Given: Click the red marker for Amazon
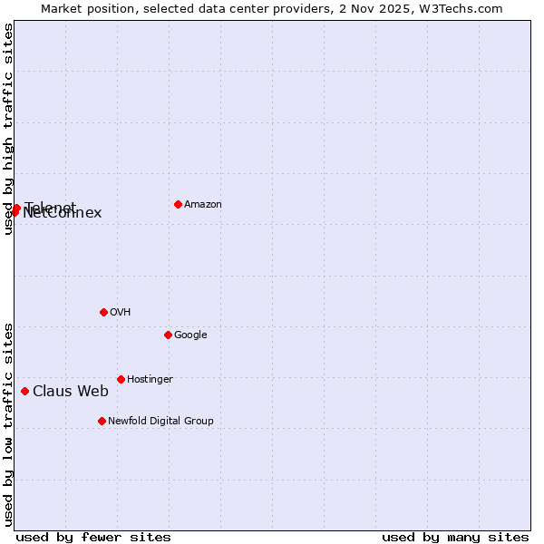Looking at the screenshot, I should coord(178,204).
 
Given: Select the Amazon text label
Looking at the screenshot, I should coord(203,205).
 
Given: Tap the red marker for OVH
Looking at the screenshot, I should coord(103,312).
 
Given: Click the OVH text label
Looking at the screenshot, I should coord(121,313).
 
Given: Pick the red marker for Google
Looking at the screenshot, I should coord(168,335).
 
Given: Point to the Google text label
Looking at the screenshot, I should coord(190,335).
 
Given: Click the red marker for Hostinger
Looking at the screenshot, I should coord(121,379).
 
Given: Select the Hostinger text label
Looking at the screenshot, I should coord(150,380).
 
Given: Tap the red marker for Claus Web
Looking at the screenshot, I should coord(24,391).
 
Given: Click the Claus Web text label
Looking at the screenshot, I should coord(71,392).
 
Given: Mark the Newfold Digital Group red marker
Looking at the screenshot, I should coord(102,421).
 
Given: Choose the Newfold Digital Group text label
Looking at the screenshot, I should coord(160,422).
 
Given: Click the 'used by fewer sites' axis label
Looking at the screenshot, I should coord(93,537).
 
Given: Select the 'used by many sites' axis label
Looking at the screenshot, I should coord(455,537).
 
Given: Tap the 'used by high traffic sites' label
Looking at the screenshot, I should coord(8,129).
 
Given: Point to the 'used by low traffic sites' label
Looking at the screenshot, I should coord(8,424).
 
